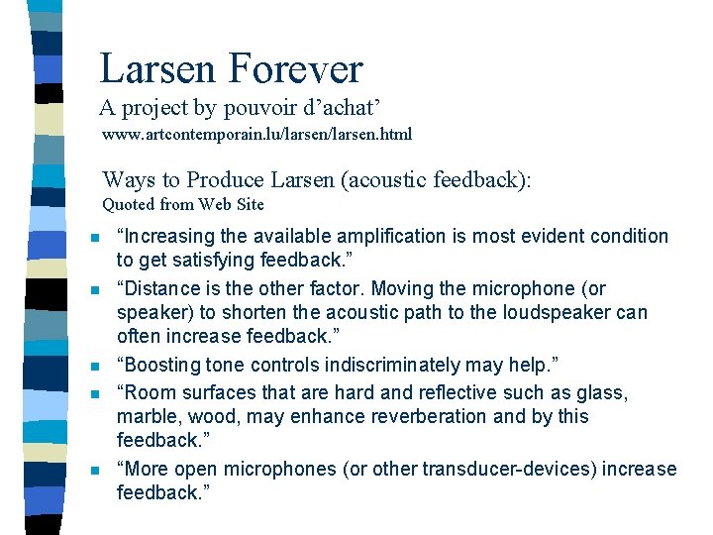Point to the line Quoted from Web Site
(183, 205)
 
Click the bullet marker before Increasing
(93, 238)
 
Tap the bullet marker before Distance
(93, 290)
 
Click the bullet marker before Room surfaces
(93, 394)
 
